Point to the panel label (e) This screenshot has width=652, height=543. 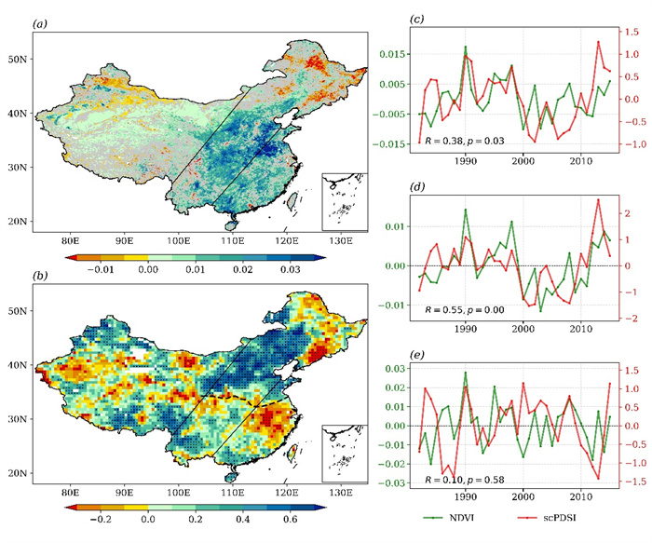tap(421, 355)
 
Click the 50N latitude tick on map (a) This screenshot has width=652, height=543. tap(18, 60)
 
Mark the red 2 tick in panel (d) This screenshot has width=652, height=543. tap(627, 213)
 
